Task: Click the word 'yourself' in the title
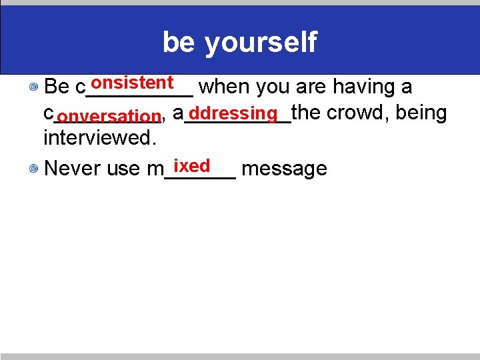pyautogui.click(x=261, y=43)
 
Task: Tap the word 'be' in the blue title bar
pyautogui.click(x=179, y=43)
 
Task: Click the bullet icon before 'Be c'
pyautogui.click(x=33, y=87)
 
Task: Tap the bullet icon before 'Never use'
pyautogui.click(x=33, y=169)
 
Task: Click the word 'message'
pyautogui.click(x=284, y=169)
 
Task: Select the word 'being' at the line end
pyautogui.click(x=421, y=113)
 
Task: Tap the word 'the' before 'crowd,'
pyautogui.click(x=306, y=113)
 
